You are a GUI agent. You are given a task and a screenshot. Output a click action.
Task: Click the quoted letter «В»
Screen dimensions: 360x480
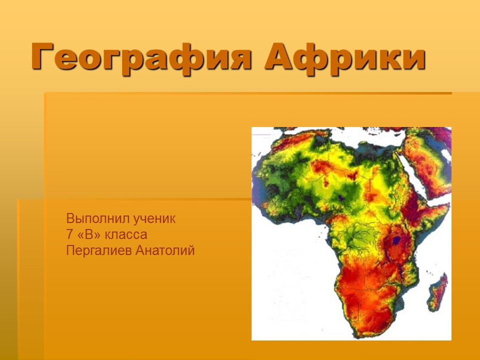[90, 234]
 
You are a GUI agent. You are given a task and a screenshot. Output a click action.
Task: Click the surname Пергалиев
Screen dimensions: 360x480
[99, 250]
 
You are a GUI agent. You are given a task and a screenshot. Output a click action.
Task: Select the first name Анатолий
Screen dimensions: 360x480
[165, 250]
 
